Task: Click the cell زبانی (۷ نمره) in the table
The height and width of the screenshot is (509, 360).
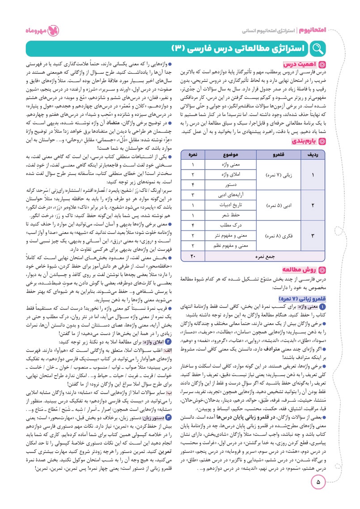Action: (x=273, y=162)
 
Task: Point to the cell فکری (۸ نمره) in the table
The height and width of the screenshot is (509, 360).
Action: (x=273, y=235)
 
